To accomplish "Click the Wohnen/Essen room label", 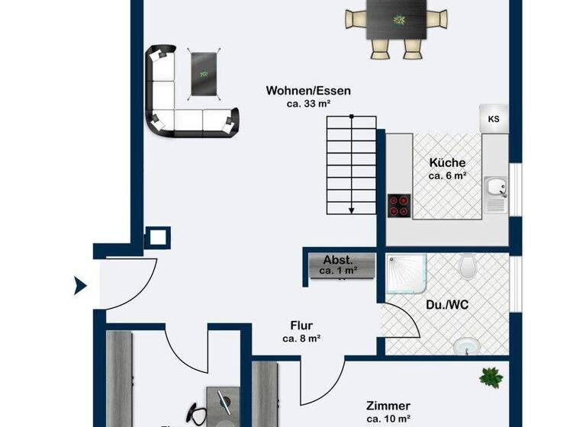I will [x=308, y=91].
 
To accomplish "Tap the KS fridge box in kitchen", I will [x=494, y=119].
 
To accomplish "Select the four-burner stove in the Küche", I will [x=398, y=204].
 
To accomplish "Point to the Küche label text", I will [x=446, y=162].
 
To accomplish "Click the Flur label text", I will [x=301, y=326].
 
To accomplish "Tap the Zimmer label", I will [x=388, y=406].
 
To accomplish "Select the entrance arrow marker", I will [x=80, y=287].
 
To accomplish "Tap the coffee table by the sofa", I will [x=204, y=73].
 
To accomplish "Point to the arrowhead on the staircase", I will [x=351, y=210].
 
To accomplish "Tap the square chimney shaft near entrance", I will [x=156, y=237].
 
